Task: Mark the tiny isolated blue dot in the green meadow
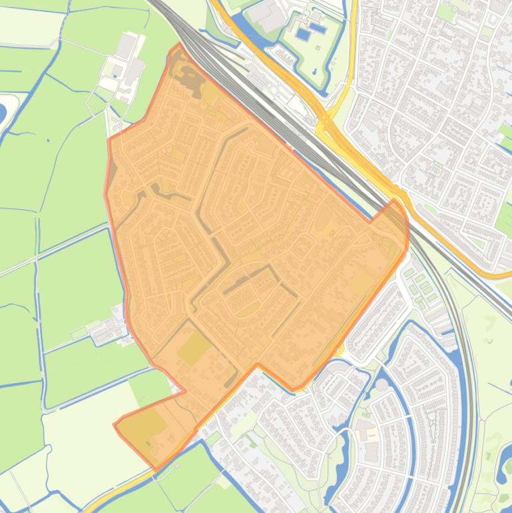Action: (x=48, y=141)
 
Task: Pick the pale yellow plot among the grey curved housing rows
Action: (x=366, y=434)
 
